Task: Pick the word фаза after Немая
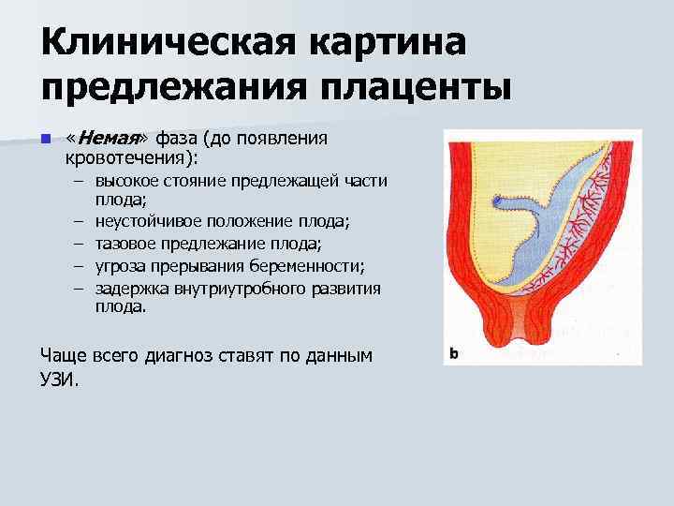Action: pos(180,140)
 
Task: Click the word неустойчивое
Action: pos(151,222)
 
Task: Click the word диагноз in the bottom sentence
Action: pos(183,357)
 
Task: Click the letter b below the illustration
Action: pos(454,354)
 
